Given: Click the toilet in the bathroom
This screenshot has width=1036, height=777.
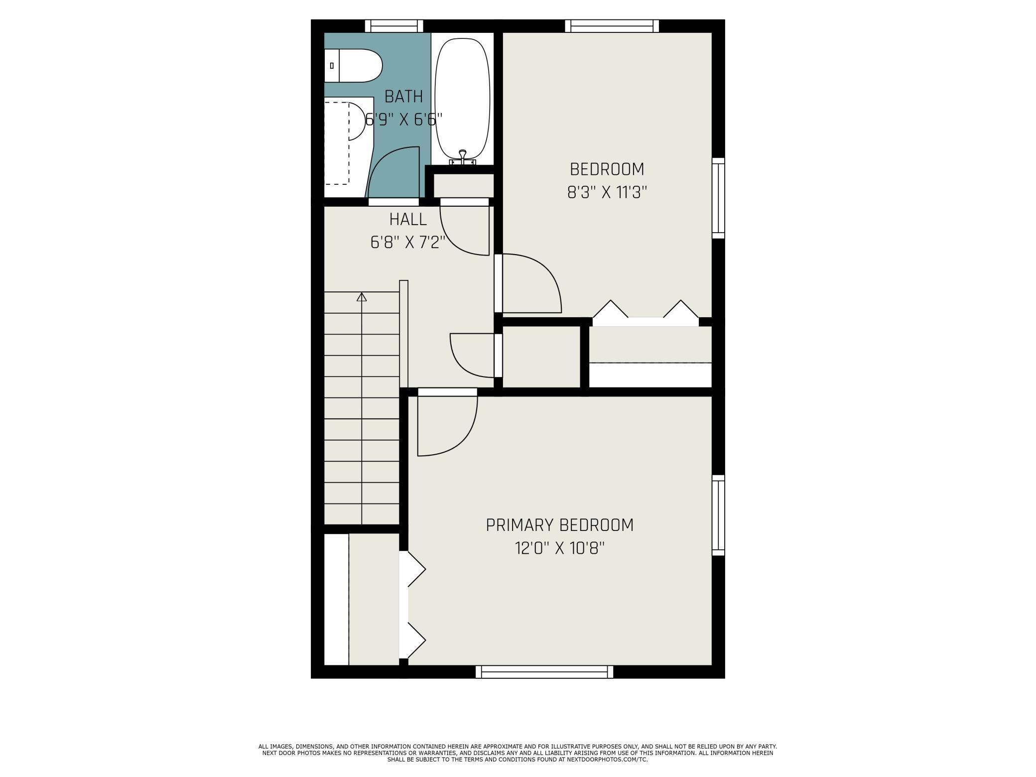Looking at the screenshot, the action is point(353,66).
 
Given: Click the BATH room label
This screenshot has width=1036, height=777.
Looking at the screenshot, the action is point(404,96).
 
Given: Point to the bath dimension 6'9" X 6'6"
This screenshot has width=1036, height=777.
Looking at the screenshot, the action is point(404,120).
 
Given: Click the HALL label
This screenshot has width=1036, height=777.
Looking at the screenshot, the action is point(408,219).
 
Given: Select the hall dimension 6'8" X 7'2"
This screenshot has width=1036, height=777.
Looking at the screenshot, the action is point(407,243).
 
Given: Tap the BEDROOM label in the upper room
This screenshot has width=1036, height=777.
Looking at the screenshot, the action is point(607,169).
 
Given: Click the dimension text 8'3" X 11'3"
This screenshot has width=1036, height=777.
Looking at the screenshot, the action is point(607,193).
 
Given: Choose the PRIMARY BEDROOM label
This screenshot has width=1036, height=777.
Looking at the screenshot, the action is point(559,525).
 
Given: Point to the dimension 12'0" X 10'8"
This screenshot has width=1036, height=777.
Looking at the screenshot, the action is point(559,548).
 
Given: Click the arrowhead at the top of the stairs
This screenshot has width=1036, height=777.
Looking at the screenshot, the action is point(362,297).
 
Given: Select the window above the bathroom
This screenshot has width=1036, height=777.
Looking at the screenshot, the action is point(394,26).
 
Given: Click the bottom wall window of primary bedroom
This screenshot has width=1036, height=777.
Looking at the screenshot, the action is point(544,672).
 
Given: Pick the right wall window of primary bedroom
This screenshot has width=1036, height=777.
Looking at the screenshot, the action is point(718,515).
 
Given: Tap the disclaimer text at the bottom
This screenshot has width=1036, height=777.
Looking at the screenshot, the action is point(518,753).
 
